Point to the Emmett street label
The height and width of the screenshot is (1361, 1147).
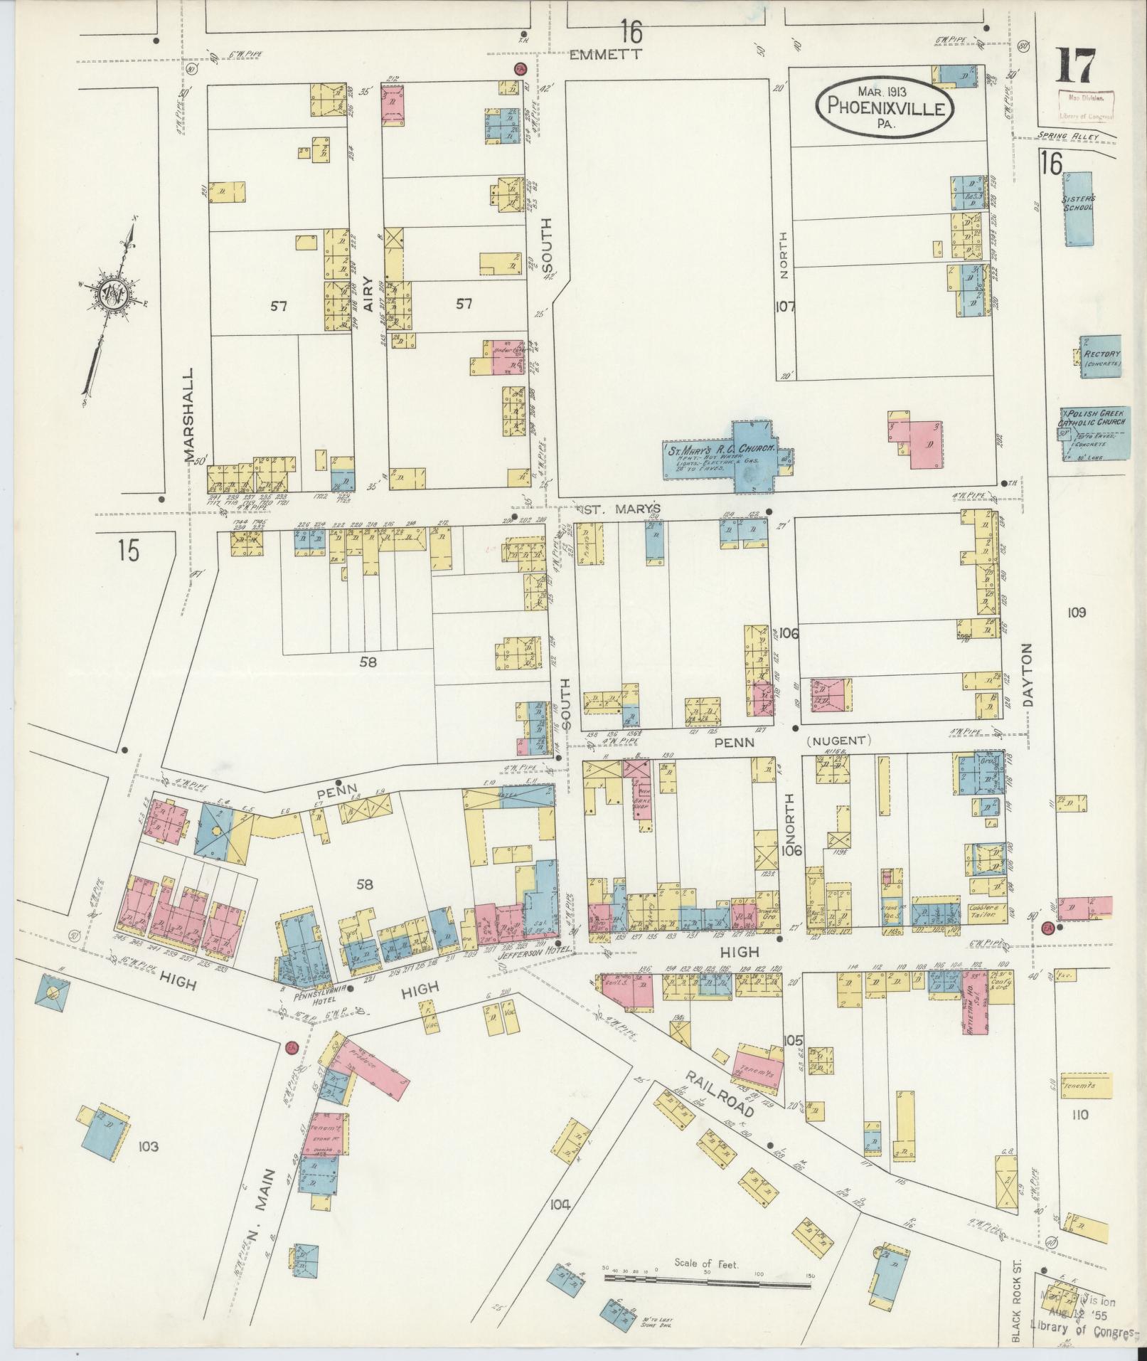coord(607,55)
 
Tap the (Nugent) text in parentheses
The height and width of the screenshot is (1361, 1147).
coord(838,740)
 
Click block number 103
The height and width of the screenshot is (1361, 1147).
coord(149,1146)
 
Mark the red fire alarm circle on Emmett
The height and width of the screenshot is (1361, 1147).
coord(520,69)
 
